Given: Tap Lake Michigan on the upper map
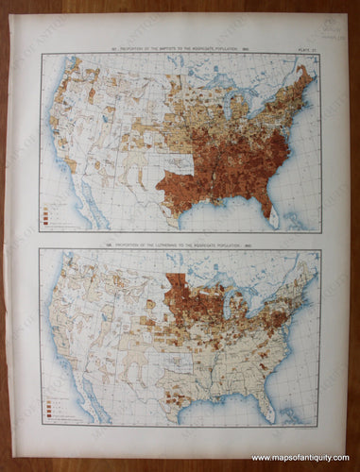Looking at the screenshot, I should coord(230,112).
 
